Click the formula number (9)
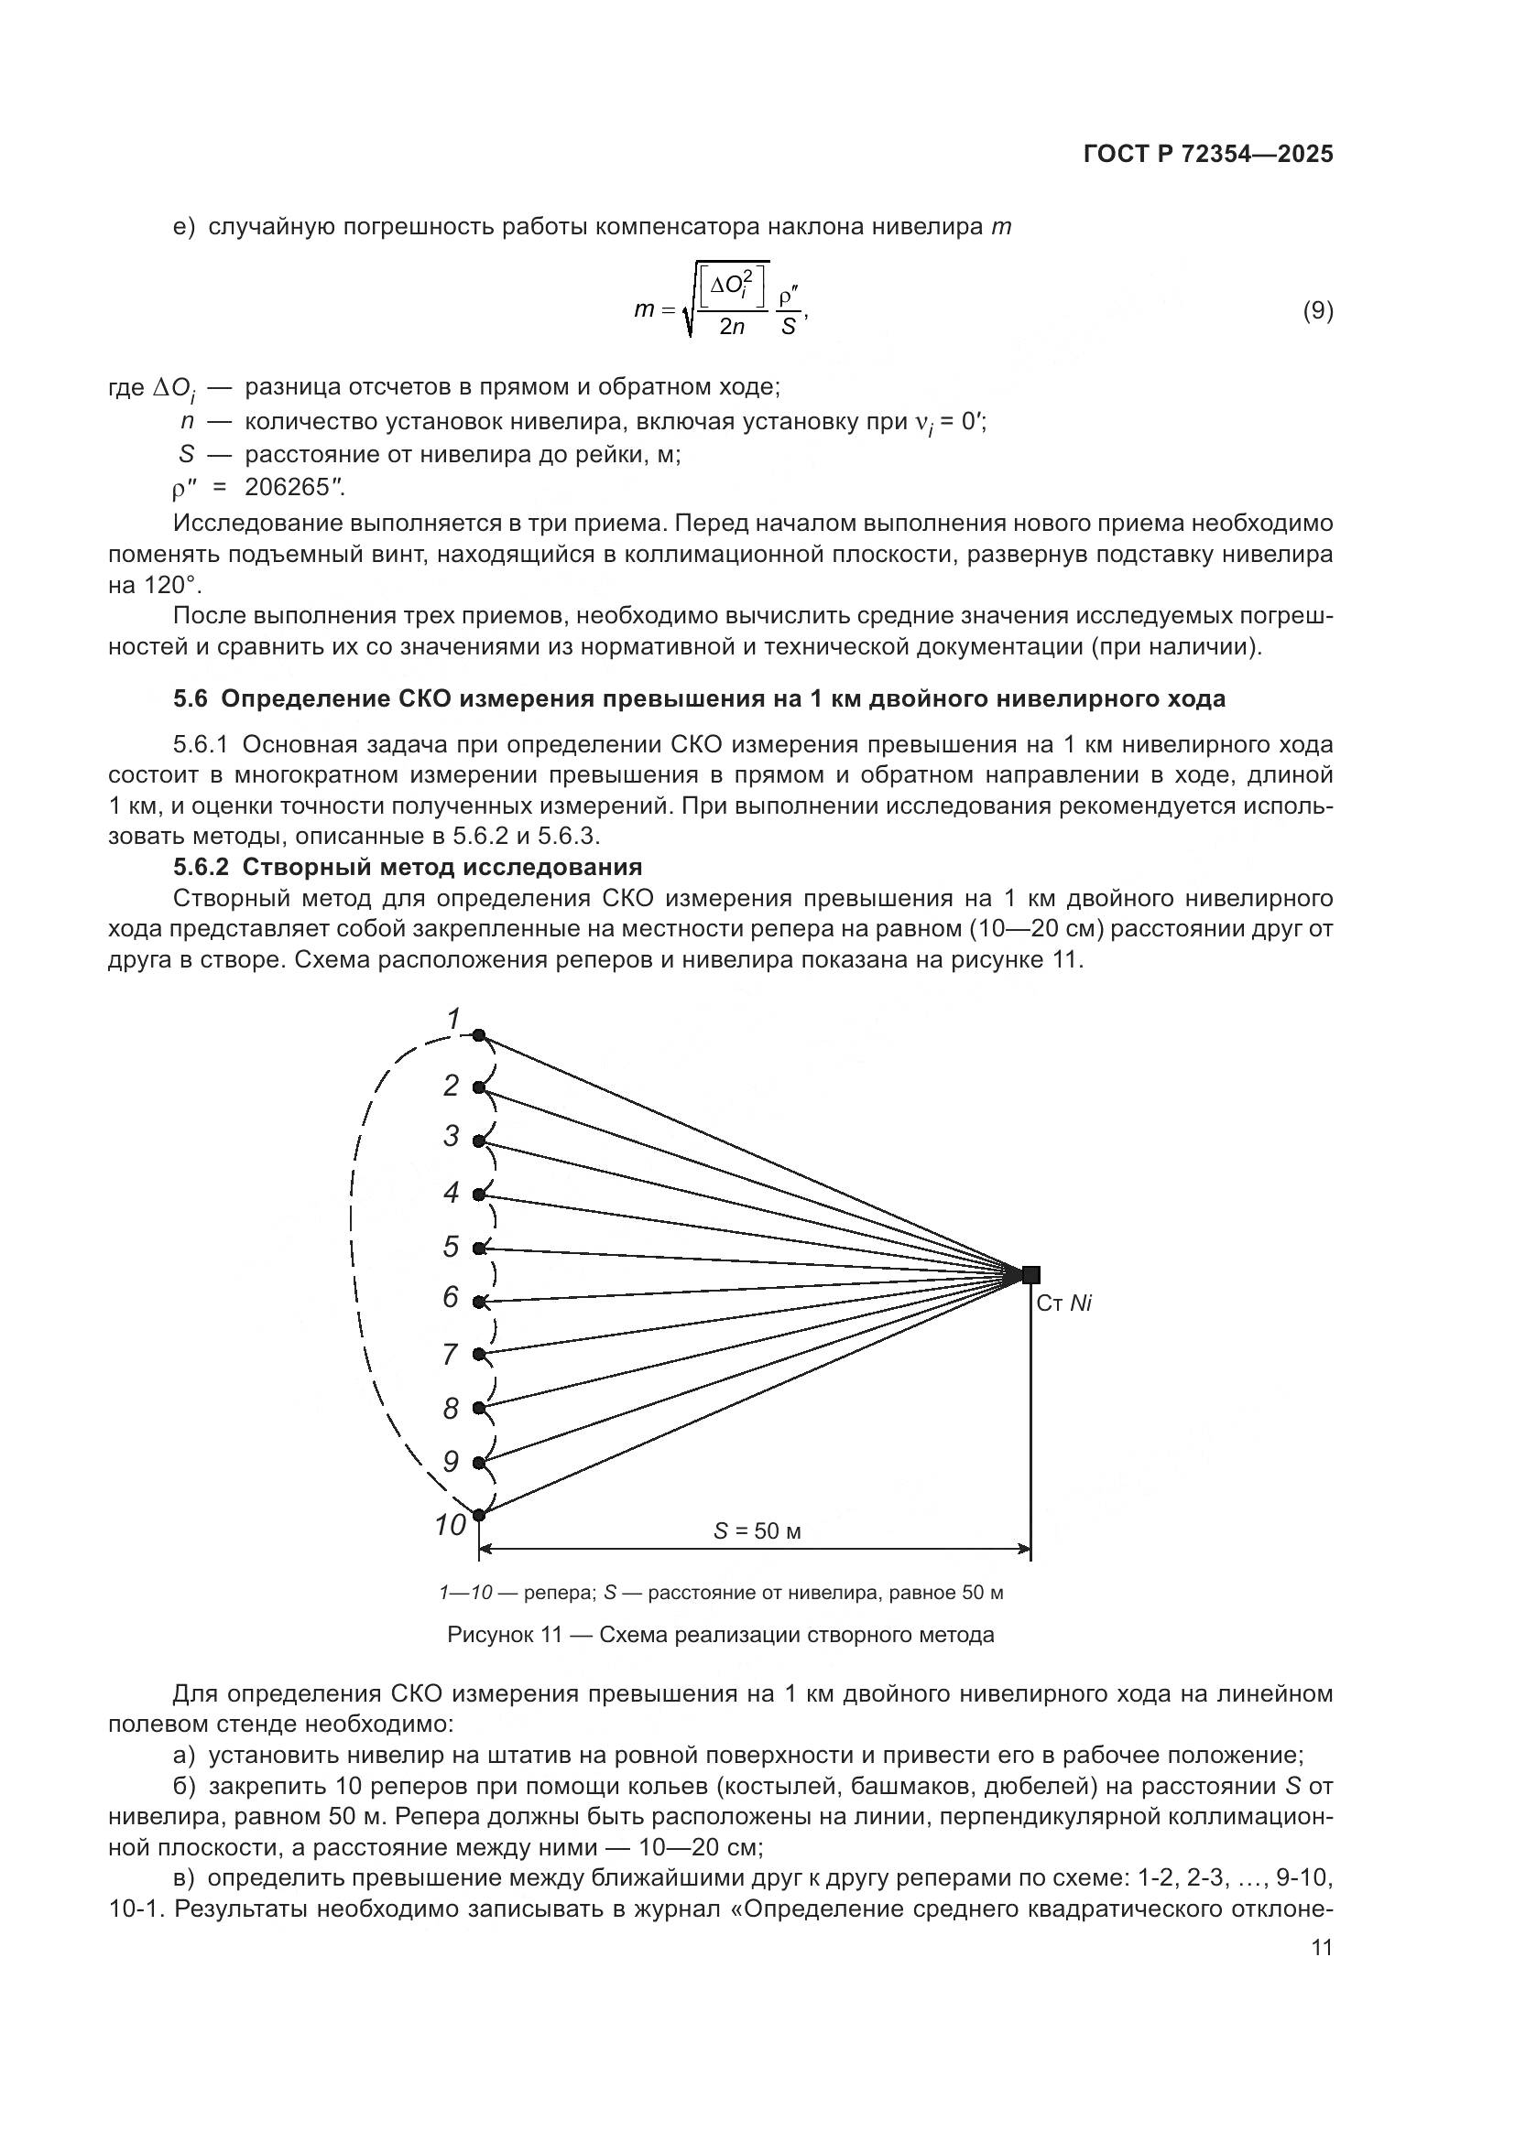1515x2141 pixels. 1317,310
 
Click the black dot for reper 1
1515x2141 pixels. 478,1035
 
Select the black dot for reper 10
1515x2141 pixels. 478,1514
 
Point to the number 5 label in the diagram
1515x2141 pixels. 452,1247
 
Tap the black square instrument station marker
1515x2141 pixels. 1030,1274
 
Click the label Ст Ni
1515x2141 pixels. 1063,1303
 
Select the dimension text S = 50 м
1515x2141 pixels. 757,1531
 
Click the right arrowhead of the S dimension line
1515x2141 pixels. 1025,1550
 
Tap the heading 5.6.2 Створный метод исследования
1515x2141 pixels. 408,867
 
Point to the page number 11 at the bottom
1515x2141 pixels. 1321,1948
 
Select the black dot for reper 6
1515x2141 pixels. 478,1301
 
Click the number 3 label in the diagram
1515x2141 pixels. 452,1136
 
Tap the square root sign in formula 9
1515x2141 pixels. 691,308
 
